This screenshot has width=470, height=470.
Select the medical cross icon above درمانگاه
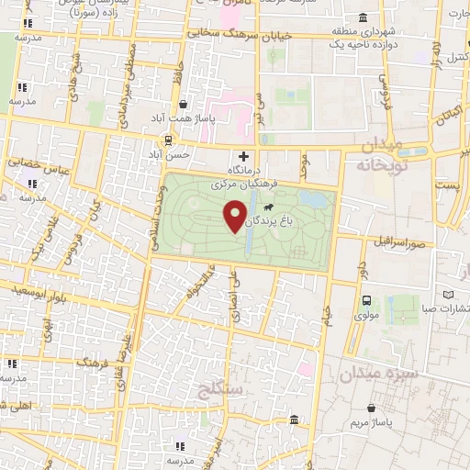(x=243, y=158)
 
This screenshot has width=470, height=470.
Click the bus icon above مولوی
(x=367, y=300)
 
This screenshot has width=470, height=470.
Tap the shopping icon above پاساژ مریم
(x=370, y=408)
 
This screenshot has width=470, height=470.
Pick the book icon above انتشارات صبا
(x=448, y=295)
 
